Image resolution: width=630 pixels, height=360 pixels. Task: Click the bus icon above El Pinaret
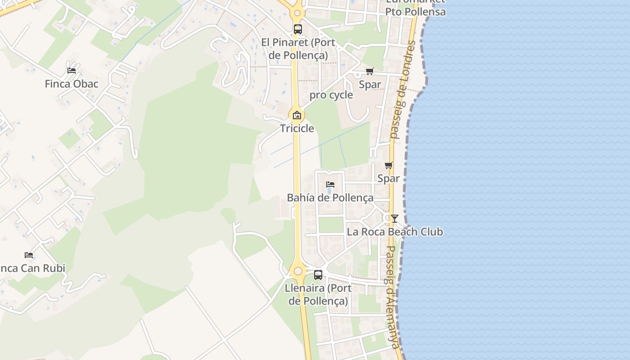point(297,29)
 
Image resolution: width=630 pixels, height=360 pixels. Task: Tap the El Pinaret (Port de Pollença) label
point(298,49)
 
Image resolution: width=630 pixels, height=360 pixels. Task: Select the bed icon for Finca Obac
point(71,70)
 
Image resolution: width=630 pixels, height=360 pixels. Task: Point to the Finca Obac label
point(72,84)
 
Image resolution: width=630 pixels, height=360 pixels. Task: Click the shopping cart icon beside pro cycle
point(369,71)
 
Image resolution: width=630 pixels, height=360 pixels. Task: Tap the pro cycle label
point(331,95)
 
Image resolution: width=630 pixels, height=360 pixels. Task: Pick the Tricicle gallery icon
point(297,115)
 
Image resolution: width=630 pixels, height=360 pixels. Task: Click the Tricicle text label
point(297,128)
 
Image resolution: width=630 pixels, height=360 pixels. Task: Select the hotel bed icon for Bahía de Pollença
point(330,184)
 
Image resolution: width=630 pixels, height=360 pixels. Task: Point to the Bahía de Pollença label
point(330,198)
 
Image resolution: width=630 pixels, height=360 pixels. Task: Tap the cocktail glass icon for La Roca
point(395,219)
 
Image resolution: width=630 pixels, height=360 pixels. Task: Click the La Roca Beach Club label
point(395,232)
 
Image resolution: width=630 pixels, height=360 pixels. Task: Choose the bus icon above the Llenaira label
point(318,274)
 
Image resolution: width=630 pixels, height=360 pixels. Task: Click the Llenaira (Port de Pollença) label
point(318,294)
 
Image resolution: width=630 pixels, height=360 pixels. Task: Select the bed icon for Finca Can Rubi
point(29,255)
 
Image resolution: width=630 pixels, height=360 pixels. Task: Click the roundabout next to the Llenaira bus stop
point(297,271)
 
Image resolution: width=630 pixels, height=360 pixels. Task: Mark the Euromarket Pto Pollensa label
point(415,8)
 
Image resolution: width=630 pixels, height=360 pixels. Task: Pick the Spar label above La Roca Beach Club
point(388,178)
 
